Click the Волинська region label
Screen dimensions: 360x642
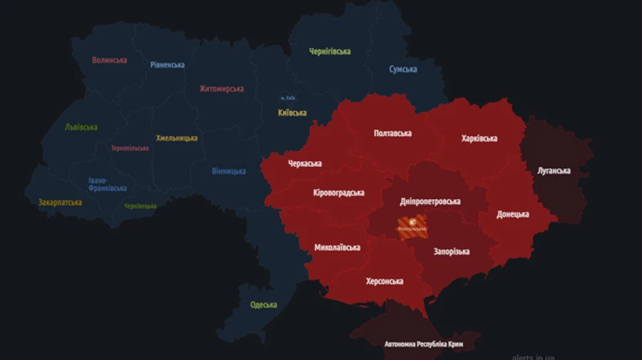click(109, 60)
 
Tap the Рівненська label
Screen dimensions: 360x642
click(167, 65)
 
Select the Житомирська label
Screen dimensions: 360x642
click(221, 89)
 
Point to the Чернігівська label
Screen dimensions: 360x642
click(330, 51)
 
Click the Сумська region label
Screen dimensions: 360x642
click(403, 69)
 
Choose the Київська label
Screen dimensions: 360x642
click(292, 113)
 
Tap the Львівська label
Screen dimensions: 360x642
click(81, 127)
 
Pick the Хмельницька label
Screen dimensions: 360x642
click(177, 138)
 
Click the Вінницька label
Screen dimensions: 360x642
click(229, 171)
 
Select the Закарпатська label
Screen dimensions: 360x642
click(60, 202)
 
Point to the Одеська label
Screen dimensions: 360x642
click(263, 305)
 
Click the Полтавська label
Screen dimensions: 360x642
click(392, 133)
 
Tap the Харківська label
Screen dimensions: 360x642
click(479, 138)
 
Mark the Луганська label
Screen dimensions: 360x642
click(554, 170)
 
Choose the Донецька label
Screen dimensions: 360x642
click(513, 214)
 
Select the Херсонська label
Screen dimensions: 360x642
click(384, 281)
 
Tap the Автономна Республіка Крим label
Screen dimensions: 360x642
click(424, 344)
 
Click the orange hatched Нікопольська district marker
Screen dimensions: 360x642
click(412, 227)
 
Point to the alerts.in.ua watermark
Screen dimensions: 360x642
click(533, 356)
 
